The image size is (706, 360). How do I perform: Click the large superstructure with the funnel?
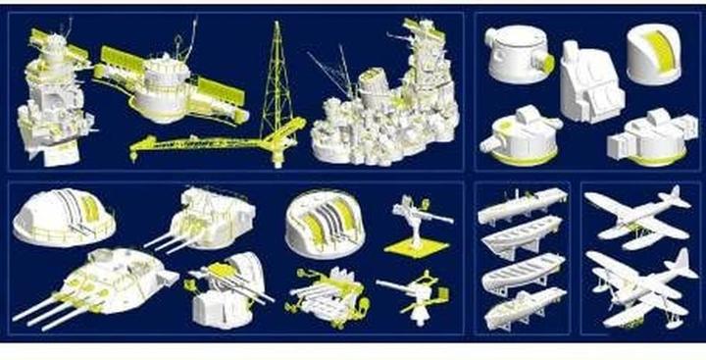click(387, 108)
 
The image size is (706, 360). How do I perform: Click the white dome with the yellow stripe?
click(652, 54)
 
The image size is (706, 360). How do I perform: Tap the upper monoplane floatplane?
click(637, 211)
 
